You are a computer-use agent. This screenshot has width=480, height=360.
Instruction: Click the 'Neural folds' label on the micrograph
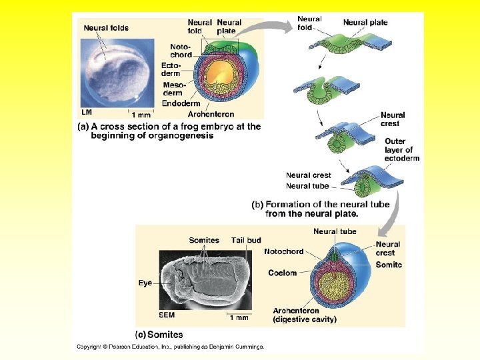107,28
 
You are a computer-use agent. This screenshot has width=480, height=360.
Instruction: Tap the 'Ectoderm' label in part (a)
171,69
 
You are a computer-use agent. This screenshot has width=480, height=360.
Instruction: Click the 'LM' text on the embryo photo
87,111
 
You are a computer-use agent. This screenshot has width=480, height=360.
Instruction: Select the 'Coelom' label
283,273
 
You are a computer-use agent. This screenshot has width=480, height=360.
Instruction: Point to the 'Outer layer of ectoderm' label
402,150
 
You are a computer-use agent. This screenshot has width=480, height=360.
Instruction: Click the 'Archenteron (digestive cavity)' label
305,315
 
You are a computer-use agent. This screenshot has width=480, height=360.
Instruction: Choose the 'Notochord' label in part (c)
283,251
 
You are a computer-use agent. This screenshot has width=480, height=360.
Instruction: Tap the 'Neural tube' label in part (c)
335,231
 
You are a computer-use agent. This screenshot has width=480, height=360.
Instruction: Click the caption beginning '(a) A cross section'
169,131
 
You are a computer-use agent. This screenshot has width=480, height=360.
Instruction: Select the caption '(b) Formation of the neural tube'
305,209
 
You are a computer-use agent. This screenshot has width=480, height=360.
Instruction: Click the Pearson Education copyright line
170,347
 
